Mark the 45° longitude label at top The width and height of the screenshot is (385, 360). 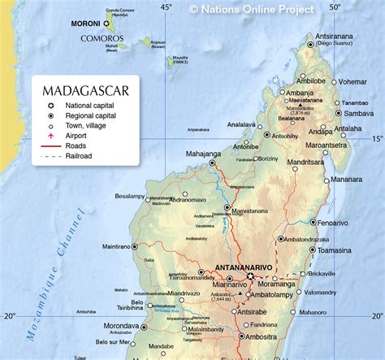(x=166, y=7)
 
